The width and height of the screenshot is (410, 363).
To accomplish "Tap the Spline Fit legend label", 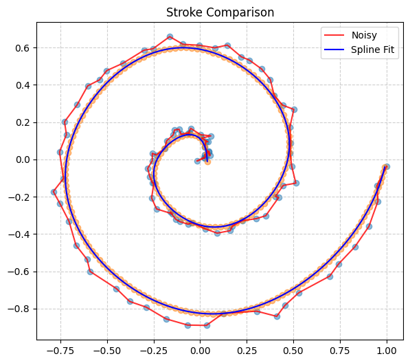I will (x=374, y=52).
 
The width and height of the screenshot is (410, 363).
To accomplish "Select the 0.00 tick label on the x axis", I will (x=201, y=350).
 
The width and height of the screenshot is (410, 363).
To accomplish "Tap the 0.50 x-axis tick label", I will (x=293, y=350).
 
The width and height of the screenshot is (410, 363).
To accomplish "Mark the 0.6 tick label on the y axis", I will (x=23, y=48).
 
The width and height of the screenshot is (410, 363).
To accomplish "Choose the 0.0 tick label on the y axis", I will (x=23, y=159).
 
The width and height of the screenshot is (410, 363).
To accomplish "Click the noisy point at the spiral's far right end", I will (x=387, y=166).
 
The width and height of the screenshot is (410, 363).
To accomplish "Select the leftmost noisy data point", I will (x=54, y=192).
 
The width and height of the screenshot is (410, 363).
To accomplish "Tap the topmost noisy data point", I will (x=170, y=36).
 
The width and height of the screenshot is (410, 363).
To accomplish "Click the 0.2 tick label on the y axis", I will (x=23, y=122).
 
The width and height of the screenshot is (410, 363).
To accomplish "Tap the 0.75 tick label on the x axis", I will (x=340, y=350).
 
